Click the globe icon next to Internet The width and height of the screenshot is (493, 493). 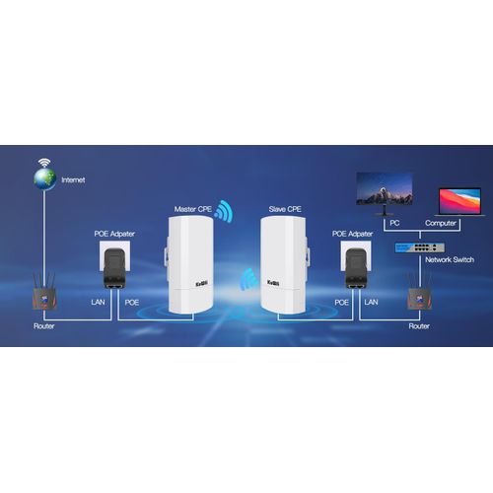pyautogui.click(x=44, y=179)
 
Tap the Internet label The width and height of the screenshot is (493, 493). pyautogui.click(x=73, y=179)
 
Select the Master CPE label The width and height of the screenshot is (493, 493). pyautogui.click(x=193, y=209)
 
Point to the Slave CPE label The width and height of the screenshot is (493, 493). pyautogui.click(x=285, y=209)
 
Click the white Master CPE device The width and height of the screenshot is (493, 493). pyautogui.click(x=190, y=264)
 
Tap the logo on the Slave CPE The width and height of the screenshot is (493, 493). pyautogui.click(x=273, y=283)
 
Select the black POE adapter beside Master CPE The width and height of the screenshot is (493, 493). pyautogui.click(x=114, y=268)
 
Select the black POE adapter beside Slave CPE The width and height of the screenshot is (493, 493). pyautogui.click(x=356, y=268)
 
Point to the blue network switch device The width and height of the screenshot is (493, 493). pyautogui.click(x=420, y=247)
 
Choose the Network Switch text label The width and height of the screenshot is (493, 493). pyautogui.click(x=450, y=259)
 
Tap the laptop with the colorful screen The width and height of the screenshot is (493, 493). pyautogui.click(x=460, y=202)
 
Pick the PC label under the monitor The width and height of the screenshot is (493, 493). pyautogui.click(x=394, y=223)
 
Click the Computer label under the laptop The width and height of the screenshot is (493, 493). pyautogui.click(x=441, y=223)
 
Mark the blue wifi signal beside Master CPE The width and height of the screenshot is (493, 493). pyautogui.click(x=224, y=211)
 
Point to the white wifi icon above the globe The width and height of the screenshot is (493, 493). pyautogui.click(x=44, y=163)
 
